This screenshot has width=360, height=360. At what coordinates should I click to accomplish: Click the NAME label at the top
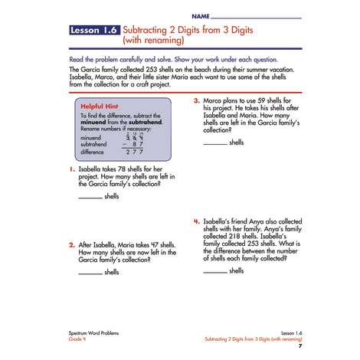point(201,16)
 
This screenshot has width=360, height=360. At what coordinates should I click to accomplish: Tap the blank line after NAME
point(256,18)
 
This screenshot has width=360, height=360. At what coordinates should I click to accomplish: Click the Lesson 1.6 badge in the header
point(94,30)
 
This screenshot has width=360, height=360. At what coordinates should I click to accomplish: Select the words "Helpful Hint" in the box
point(100,106)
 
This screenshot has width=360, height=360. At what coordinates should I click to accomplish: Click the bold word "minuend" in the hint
point(93,122)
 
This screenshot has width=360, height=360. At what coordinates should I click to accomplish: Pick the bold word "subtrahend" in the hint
point(146,122)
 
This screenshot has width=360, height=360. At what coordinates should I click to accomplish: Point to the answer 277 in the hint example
point(134,152)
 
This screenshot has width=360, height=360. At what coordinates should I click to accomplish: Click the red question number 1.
point(72,169)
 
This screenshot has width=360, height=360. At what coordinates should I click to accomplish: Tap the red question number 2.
point(72,245)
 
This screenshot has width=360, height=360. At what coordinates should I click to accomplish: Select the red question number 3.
point(197,100)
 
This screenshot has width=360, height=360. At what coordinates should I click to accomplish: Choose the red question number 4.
point(197,221)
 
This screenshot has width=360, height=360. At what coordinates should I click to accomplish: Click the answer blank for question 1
point(90,198)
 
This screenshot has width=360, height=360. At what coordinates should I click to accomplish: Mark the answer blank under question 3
point(215,144)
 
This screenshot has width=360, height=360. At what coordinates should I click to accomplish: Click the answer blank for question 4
point(215,273)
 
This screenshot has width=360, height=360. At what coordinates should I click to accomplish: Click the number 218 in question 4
point(234,236)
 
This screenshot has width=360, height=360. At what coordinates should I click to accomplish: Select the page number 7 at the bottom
point(300,346)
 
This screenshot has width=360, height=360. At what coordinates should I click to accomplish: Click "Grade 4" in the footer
point(77,339)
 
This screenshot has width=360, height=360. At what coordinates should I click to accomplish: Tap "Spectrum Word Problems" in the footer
point(93,333)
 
